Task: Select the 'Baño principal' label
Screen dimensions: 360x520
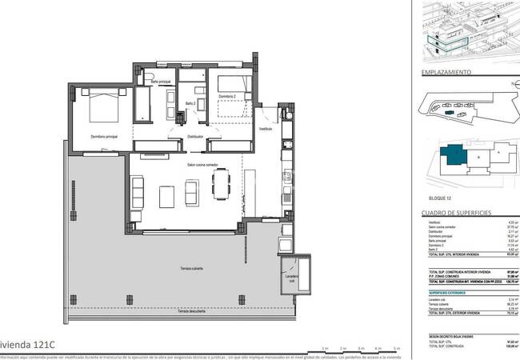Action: pyautogui.click(x=162, y=82)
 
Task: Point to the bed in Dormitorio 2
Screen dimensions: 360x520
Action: pyautogui.click(x=230, y=83)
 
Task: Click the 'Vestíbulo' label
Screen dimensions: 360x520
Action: pyautogui.click(x=265, y=129)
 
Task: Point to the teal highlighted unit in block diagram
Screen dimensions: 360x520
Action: pyautogui.click(x=453, y=155)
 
